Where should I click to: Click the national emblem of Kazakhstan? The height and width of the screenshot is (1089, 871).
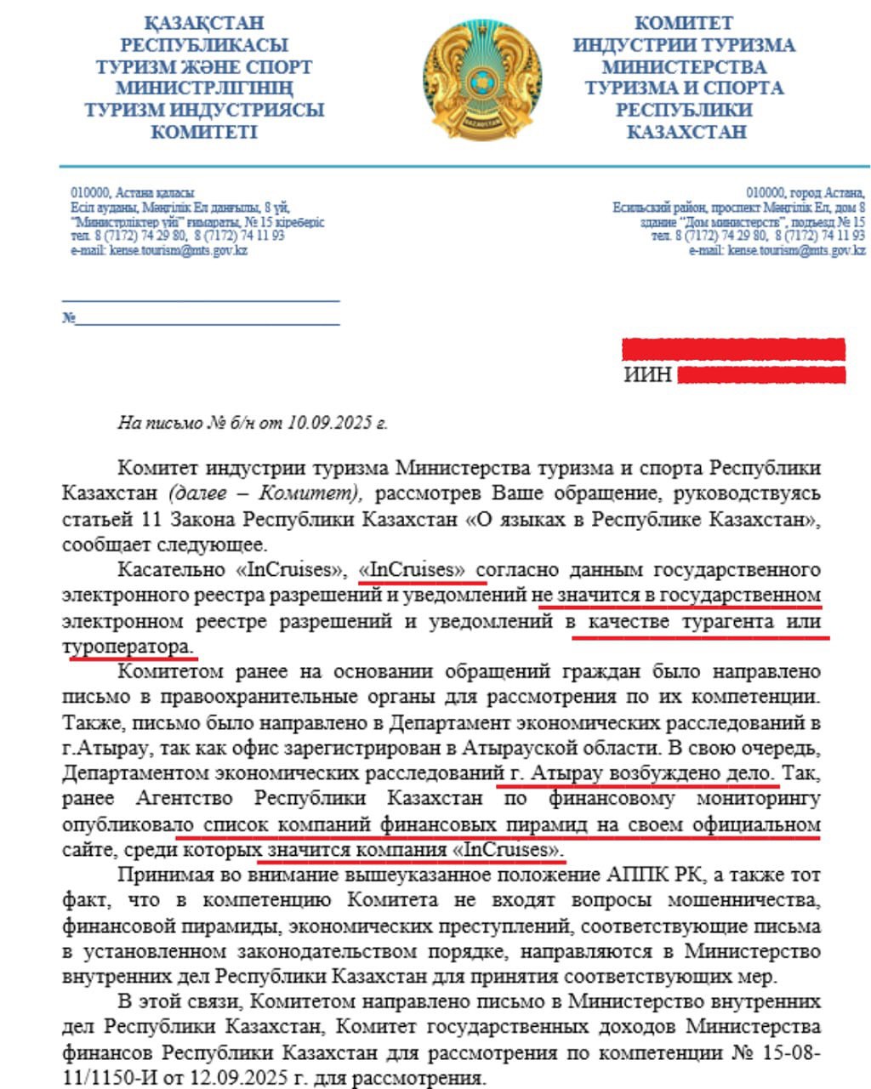pos(481,82)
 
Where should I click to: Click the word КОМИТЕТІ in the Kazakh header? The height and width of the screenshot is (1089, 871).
pos(204,132)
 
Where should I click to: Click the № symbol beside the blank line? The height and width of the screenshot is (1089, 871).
pos(68,318)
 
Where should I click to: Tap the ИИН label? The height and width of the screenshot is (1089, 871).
pos(647,375)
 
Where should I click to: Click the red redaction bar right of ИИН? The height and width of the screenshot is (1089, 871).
pos(760,375)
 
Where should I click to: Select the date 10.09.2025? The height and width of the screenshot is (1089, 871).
pos(332,423)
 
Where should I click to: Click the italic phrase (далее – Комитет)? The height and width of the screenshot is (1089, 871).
pos(267,493)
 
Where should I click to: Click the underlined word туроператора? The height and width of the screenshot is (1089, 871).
pos(128,647)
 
